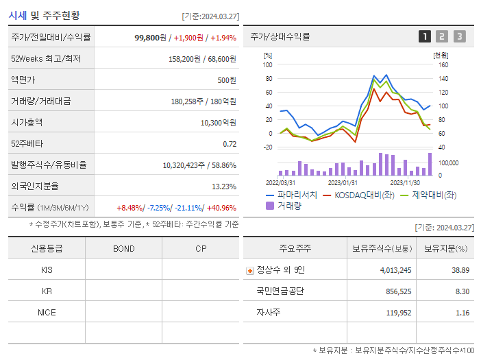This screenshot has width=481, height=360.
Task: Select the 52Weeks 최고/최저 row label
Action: pos(46,59)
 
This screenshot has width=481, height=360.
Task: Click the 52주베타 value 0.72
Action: pos(230,144)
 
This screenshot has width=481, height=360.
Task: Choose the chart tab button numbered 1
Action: pos(425,36)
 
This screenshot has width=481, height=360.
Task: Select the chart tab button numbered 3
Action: pos(459,36)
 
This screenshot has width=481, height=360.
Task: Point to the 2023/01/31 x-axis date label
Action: pos(343,183)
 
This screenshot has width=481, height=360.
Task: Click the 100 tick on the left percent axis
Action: pos(268,65)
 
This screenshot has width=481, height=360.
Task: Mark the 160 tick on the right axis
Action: pos(443,65)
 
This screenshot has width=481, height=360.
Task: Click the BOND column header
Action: pos(123,248)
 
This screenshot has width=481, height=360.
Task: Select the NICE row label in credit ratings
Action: pos(47,312)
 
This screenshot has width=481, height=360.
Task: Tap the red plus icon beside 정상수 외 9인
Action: pos(249,270)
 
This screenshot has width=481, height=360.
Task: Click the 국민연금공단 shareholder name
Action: pos(280,291)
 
